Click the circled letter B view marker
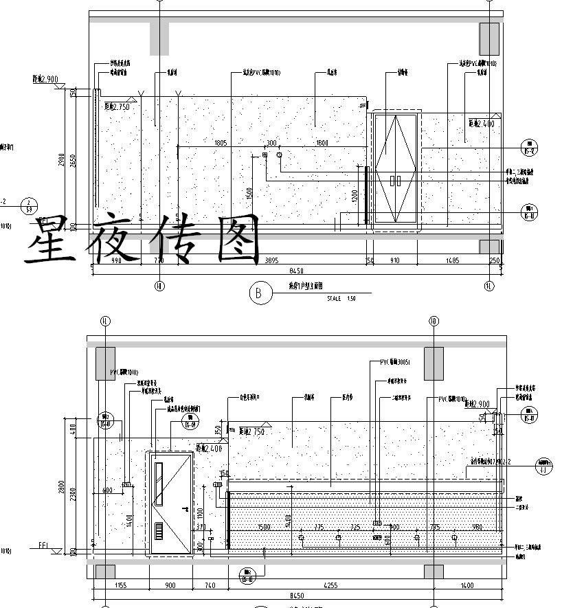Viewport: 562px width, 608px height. (258, 294)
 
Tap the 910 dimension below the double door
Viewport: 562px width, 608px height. (395, 261)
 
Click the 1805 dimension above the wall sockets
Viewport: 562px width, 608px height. (220, 143)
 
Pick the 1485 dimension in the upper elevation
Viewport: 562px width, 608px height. (451, 261)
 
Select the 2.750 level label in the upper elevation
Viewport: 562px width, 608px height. (117, 107)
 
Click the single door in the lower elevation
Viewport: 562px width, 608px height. (170, 504)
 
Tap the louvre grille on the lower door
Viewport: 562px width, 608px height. (159, 532)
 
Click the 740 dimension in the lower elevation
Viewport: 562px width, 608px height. (210, 585)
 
